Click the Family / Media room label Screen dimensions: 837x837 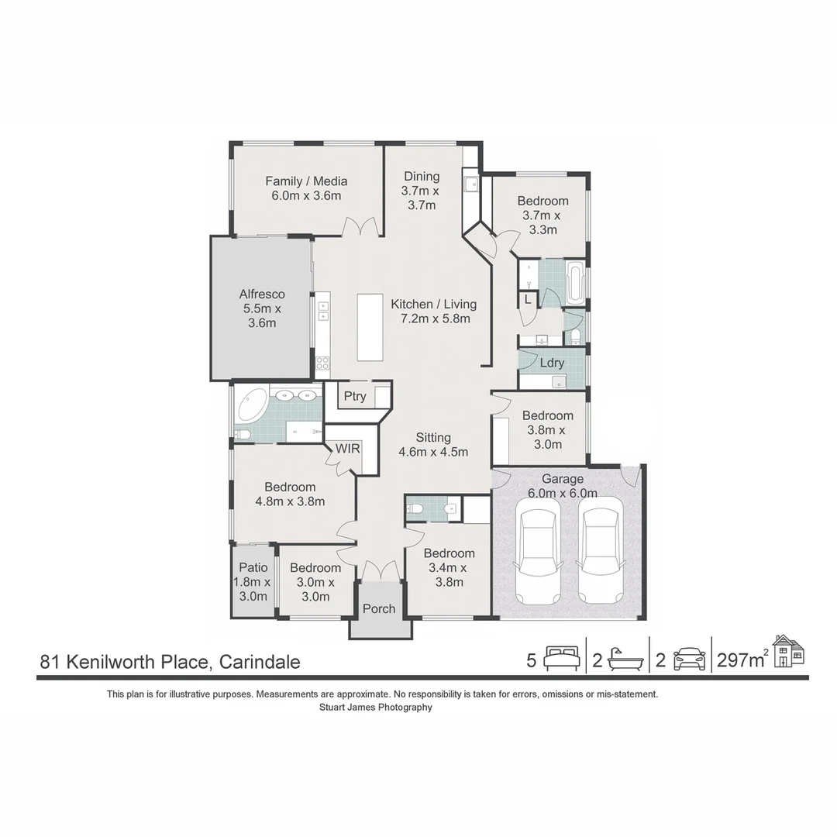tap(306, 181)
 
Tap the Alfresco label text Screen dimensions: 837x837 tap(262, 294)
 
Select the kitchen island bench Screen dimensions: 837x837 tap(370, 326)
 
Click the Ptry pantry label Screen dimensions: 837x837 tap(355, 396)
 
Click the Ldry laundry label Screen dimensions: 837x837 tap(552, 363)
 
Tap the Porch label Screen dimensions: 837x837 tap(379, 608)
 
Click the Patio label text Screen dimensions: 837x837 tap(253, 567)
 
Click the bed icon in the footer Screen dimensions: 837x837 tap(561, 659)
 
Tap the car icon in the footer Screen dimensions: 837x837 tap(689, 659)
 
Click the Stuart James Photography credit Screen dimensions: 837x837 tap(376, 707)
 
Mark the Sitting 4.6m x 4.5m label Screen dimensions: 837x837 tap(432, 445)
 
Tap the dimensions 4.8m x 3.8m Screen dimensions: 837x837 tap(290, 501)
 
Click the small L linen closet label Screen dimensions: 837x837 tap(528, 299)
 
